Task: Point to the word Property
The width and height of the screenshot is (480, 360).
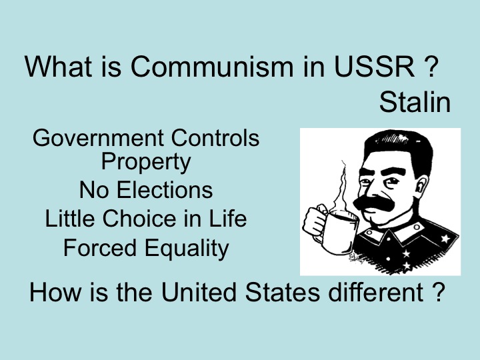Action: pyautogui.click(x=146, y=161)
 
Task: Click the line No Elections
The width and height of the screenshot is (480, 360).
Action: pyautogui.click(x=146, y=190)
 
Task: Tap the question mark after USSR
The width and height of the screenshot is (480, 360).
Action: pyautogui.click(x=429, y=68)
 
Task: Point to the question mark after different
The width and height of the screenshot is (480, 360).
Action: pyautogui.click(x=433, y=293)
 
